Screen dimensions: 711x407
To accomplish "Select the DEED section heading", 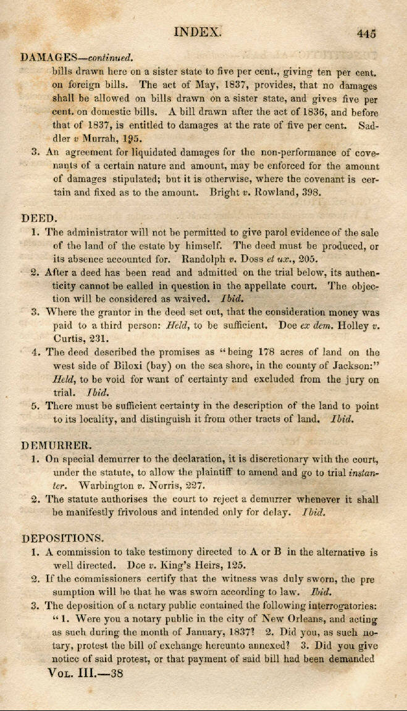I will click(x=40, y=218).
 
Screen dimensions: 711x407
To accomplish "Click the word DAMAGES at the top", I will click(x=48, y=57).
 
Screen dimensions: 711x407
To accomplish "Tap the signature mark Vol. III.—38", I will click(x=86, y=673).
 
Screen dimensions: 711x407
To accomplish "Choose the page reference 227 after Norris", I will click(x=194, y=484).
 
